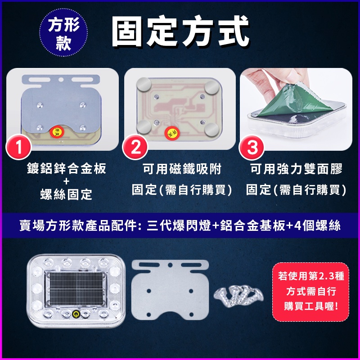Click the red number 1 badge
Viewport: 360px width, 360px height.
[x=18, y=147]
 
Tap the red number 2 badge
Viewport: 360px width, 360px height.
[x=135, y=147]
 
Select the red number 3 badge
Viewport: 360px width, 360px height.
[x=252, y=147]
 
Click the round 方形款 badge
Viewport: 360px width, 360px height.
[x=63, y=32]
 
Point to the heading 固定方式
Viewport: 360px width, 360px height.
[x=180, y=31]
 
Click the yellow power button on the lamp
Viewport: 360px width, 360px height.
[x=76, y=314]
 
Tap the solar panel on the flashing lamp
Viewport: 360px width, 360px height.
[x=76, y=289]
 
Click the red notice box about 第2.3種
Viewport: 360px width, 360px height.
[x=310, y=292]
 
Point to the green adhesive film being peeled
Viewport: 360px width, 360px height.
[x=296, y=101]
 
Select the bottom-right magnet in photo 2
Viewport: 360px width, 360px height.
[x=211, y=130]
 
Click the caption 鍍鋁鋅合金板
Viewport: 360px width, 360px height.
[x=67, y=168]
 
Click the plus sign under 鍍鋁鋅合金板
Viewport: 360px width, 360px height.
[x=66, y=182]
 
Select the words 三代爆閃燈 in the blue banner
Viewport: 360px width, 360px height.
[x=179, y=225]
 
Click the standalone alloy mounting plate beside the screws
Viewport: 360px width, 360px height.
[x=170, y=290]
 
